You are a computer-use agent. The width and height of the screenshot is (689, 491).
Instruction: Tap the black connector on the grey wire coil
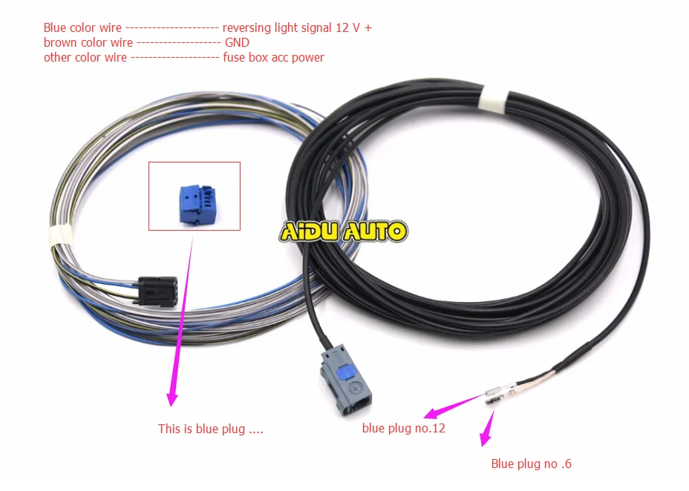coord(157,291)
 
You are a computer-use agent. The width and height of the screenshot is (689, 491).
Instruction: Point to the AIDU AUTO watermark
coord(344,231)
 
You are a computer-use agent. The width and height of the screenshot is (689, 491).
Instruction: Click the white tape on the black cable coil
coord(494,99)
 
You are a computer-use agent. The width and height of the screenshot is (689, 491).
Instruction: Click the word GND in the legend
coord(237,42)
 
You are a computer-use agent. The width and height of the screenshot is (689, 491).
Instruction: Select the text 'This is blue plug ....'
coord(210,429)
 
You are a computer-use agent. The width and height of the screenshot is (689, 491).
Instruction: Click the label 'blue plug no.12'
coord(403,428)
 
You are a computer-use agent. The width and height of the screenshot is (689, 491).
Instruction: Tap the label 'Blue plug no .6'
coord(531,464)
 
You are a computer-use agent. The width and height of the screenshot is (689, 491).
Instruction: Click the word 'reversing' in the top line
coord(246,28)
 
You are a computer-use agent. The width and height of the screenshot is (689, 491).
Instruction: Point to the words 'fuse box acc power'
coord(273,57)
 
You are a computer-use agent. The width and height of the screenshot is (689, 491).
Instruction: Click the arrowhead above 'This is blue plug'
coord(172,398)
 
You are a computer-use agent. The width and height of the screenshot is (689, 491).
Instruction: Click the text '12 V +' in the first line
coord(353,27)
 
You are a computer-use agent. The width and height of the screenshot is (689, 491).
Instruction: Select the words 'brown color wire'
coord(88,42)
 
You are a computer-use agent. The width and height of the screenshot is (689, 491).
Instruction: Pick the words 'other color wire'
coord(85,57)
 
